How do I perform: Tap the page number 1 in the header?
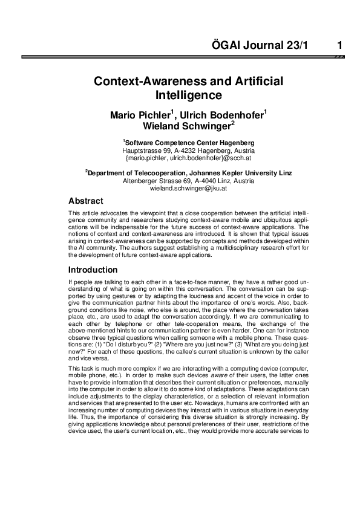tap(340, 45)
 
